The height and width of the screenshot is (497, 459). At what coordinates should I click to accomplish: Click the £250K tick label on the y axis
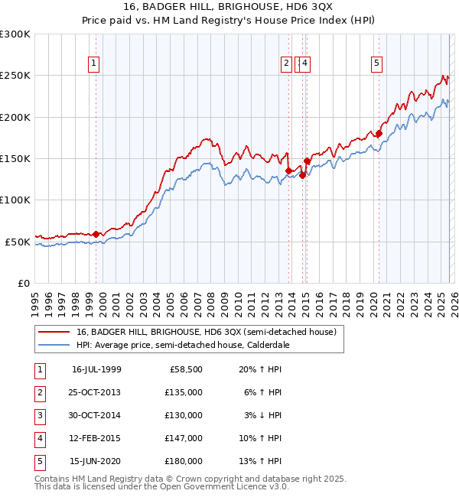click(15, 76)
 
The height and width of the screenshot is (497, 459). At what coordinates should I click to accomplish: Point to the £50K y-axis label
click(18, 242)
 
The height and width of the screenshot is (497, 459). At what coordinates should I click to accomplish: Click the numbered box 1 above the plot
click(93, 63)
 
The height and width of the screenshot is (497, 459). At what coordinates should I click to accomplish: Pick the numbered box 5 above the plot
click(377, 63)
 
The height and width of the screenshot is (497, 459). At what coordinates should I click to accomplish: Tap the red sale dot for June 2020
click(379, 134)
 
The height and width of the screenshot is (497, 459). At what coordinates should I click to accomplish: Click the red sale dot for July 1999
click(96, 234)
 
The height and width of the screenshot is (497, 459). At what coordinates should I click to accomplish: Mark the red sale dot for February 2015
click(307, 161)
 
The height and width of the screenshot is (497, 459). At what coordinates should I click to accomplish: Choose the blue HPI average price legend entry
click(183, 345)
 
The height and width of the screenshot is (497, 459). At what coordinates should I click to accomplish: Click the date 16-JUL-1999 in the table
click(96, 369)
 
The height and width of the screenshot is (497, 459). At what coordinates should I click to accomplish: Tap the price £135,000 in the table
click(184, 392)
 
